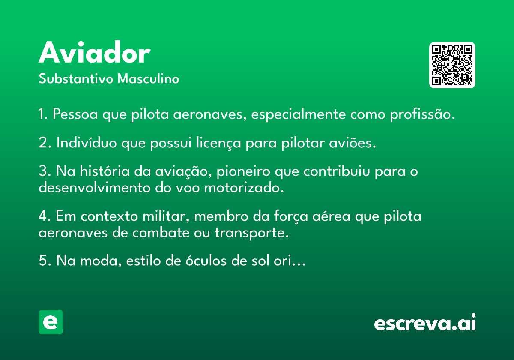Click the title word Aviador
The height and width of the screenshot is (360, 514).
pos(95,52)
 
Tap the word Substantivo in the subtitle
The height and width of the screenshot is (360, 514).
pos(76,78)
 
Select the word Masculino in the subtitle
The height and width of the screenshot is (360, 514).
pos(148,78)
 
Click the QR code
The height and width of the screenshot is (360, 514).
pos(452,65)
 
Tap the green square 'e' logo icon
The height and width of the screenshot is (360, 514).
pos(51,322)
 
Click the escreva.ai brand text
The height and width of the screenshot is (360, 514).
pos(425,322)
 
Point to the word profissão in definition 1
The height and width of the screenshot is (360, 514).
pos(422,114)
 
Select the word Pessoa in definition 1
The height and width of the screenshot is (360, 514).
pos(75,114)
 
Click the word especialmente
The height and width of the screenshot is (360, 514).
pos(298,114)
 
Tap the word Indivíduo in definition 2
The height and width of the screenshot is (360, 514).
pos(87,143)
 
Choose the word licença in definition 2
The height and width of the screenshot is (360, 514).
pos(218,143)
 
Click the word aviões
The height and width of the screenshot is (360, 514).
pos(353,143)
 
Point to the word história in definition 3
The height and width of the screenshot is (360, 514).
pos(105,171)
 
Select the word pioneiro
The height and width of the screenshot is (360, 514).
pos(243,172)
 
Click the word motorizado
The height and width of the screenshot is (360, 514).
pos(244,188)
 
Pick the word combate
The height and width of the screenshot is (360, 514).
pos(161,233)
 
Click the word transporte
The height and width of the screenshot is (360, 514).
pos(251,233)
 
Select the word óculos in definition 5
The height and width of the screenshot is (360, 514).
pos(206,261)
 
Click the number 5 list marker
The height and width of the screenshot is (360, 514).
pos(43,261)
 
